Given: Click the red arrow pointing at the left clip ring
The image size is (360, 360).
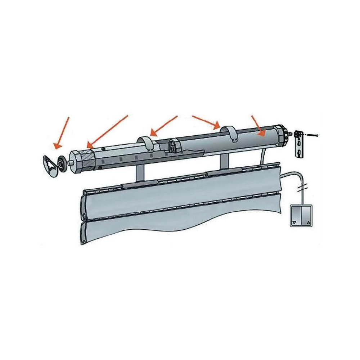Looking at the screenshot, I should point(164,126).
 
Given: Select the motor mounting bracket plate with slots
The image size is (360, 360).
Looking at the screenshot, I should point(299,144).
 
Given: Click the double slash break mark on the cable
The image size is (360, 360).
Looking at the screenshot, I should point(302,188).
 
